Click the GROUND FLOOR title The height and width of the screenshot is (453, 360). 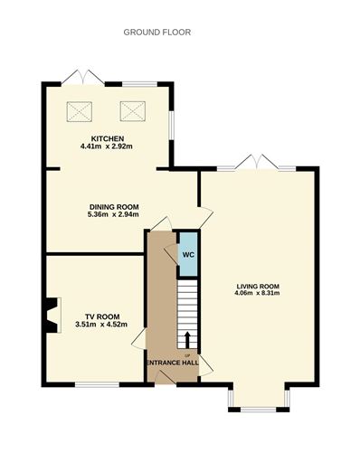pyautogui.click(x=157, y=33)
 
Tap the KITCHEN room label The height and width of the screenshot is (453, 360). pyautogui.click(x=107, y=138)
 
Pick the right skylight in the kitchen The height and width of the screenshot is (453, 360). pyautogui.click(x=133, y=111)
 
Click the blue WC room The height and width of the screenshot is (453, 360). pyautogui.click(x=186, y=254)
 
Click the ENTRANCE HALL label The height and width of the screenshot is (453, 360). pyautogui.click(x=173, y=363)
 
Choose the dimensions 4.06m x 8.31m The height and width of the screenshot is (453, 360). pyautogui.click(x=257, y=293)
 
